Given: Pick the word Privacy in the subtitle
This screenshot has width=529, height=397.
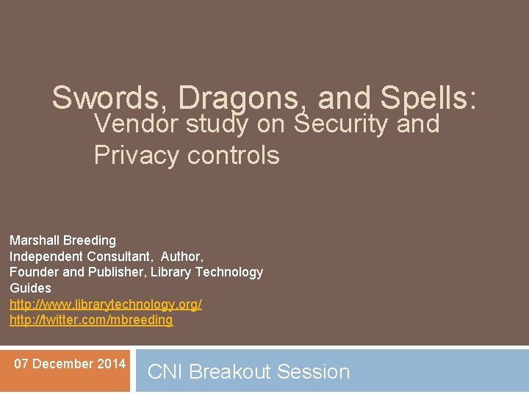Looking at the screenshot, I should tap(137, 155).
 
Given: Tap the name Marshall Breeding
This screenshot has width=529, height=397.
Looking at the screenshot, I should tap(62, 240).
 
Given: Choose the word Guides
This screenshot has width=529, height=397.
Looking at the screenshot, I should tap(30, 288).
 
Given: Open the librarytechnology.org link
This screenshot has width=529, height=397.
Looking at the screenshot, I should tap(105, 304).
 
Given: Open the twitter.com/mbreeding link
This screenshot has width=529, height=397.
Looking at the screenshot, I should tap(91, 320).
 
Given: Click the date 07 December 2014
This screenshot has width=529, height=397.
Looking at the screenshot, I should tap(70, 364).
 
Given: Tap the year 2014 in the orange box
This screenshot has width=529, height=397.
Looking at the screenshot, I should tap(112, 364).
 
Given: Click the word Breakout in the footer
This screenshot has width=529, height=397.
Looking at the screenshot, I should tap(228, 372).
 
